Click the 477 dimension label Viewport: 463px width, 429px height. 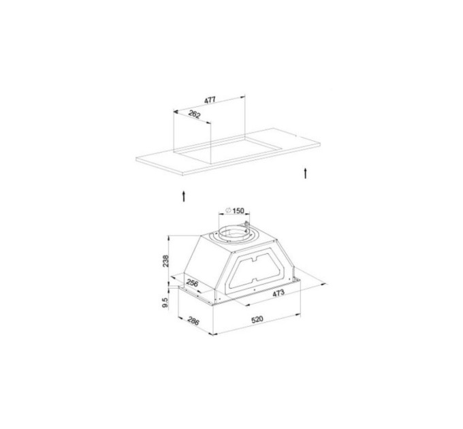pyautogui.click(x=210, y=100)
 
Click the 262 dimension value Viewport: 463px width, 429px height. pyautogui.click(x=194, y=114)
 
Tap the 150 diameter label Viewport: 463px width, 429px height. pyautogui.click(x=238, y=210)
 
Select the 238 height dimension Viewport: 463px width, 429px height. pyautogui.click(x=165, y=261)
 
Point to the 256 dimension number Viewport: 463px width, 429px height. pyautogui.click(x=192, y=283)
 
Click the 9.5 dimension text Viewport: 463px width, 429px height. pyautogui.click(x=165, y=302)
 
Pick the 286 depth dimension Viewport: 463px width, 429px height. pyautogui.click(x=193, y=321)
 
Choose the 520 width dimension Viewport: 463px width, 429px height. pyautogui.click(x=257, y=319)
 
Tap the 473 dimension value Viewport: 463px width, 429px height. pyautogui.click(x=278, y=293)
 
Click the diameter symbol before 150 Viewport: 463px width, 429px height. pyautogui.click(x=228, y=210)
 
